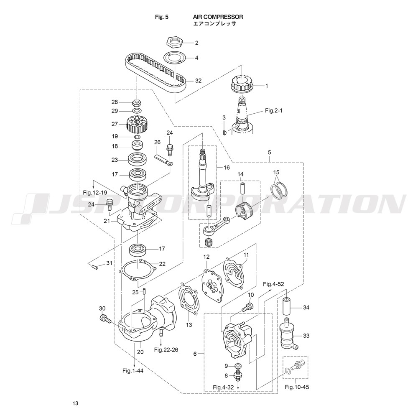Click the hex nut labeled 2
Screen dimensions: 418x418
(x=174, y=41)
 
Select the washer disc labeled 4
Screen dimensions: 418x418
(x=174, y=57)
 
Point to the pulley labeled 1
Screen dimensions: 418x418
(x=241, y=84)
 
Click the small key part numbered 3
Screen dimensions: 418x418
(x=224, y=132)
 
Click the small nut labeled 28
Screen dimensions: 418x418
(x=137, y=102)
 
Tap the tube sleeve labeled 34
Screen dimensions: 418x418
(x=288, y=307)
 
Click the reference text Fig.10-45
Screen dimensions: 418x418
(x=297, y=387)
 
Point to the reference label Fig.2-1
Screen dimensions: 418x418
(x=273, y=111)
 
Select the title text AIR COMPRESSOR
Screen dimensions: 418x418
(x=218, y=17)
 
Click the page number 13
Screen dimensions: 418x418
(x=75, y=403)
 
